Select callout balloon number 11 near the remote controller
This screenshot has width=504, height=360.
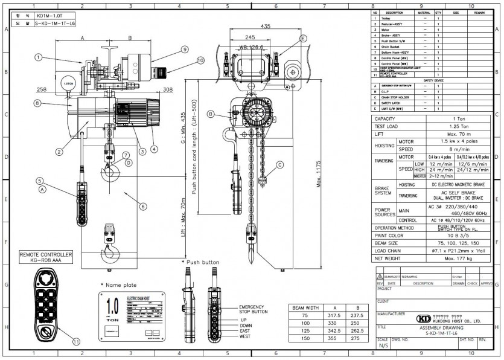coord(77,341)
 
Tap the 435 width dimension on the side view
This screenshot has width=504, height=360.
coord(266,27)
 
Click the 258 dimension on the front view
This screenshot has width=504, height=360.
coord(41,89)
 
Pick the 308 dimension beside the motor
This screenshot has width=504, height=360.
coord(168,89)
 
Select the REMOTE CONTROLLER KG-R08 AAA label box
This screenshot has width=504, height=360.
coord(46,257)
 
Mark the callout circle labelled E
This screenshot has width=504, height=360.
coord(302,39)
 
